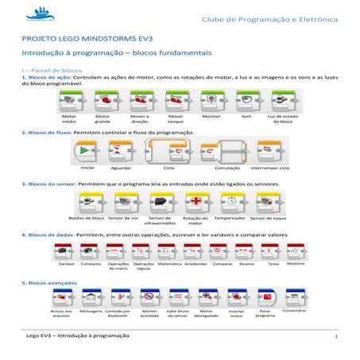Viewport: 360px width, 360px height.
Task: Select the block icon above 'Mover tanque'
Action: pos(176,99)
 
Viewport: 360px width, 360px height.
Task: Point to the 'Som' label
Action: pos(246,116)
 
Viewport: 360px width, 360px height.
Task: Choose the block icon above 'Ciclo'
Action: pos(168,151)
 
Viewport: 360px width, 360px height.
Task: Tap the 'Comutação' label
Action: pos(227,168)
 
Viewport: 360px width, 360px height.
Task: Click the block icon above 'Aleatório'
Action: pos(295,250)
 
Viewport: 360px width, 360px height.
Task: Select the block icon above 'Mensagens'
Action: pos(92,298)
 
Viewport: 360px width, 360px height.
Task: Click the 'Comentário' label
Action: pos(294,311)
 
